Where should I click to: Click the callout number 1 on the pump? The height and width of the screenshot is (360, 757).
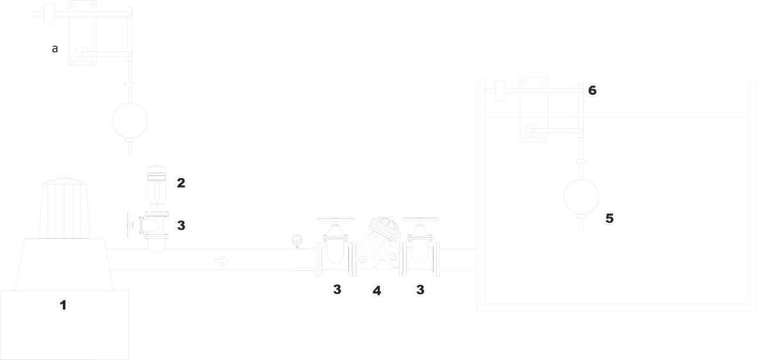pos(63,305)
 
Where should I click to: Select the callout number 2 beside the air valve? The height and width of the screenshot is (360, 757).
pos(181,183)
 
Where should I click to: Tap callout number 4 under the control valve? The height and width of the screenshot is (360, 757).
pos(377,290)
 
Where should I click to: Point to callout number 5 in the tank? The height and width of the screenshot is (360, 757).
pos(609,219)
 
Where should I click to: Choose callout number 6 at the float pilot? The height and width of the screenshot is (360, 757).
pos(592,90)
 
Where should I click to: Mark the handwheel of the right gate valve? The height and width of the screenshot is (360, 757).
pos(421,220)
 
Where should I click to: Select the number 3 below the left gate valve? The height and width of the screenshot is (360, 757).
pos(337,290)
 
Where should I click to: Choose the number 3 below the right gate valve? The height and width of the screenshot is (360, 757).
pos(419,290)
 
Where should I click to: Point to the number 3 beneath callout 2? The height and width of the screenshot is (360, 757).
pos(181,225)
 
